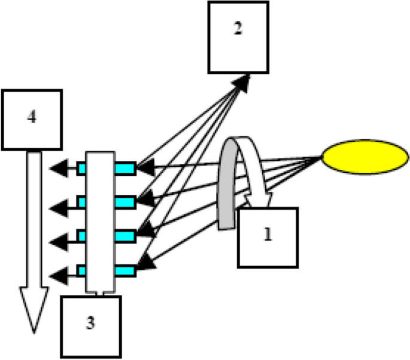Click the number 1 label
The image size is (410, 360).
tap(268, 235)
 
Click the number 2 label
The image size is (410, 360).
tap(238, 29)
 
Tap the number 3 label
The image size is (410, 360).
tap(90, 323)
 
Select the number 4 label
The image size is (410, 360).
tap(32, 117)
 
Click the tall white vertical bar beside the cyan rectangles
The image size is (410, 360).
tap(101, 221)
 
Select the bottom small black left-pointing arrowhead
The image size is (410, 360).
tap(57, 276)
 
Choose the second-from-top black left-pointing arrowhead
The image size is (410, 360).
tap(57, 207)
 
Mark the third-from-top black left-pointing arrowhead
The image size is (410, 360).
tap(57, 241)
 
